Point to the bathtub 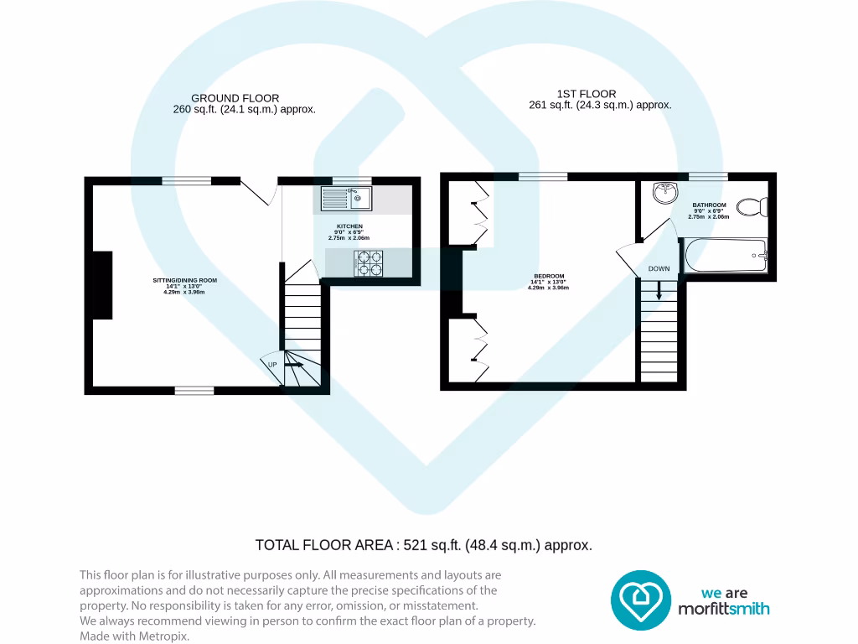click(x=726, y=254)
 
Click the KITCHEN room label click(x=349, y=227)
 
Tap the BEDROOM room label click(x=549, y=277)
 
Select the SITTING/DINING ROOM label click(x=184, y=279)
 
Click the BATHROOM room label click(x=708, y=205)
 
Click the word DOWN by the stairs click(x=659, y=269)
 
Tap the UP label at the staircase click(x=272, y=365)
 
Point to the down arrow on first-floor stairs click(x=659, y=291)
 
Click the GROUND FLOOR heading click(x=235, y=98)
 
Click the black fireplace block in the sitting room click(x=102, y=285)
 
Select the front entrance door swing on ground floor click(x=260, y=191)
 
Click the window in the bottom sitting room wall click(x=194, y=390)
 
